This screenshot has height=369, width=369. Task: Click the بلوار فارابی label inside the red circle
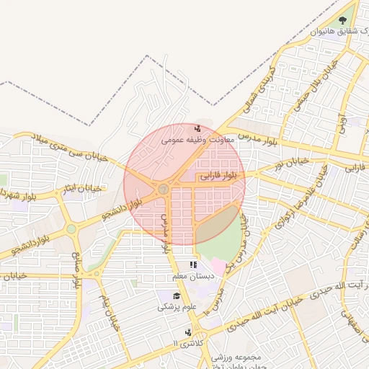[x=218, y=174]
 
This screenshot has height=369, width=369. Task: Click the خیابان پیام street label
[x=108, y=309]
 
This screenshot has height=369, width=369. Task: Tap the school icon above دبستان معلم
[x=192, y=265]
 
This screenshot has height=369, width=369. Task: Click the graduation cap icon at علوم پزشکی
[x=177, y=295]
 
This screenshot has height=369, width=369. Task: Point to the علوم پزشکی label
[x=177, y=307]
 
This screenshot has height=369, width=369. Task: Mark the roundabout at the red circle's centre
[x=164, y=189]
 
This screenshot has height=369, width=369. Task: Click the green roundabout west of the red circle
[x=71, y=230]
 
